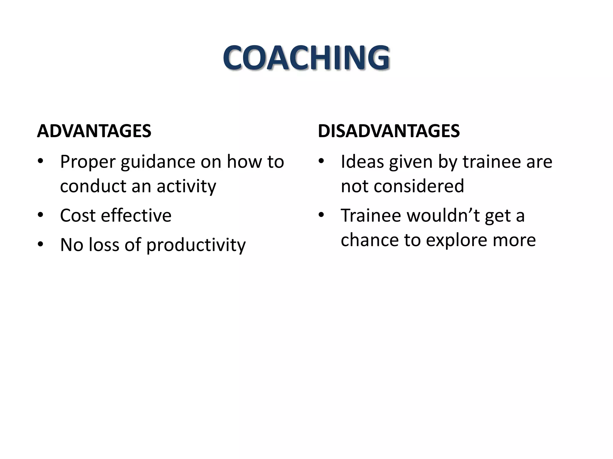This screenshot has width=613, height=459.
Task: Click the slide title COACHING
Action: point(306,58)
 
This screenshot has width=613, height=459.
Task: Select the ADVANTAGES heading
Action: point(94,131)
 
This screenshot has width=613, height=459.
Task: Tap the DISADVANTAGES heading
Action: point(389,131)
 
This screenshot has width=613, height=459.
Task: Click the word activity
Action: point(186,186)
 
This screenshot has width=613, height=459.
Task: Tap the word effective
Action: point(136,215)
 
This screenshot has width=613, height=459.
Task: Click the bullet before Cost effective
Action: point(41,215)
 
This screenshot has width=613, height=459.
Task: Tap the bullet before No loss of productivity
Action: point(41,244)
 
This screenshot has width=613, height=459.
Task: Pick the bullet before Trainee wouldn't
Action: point(321,215)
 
